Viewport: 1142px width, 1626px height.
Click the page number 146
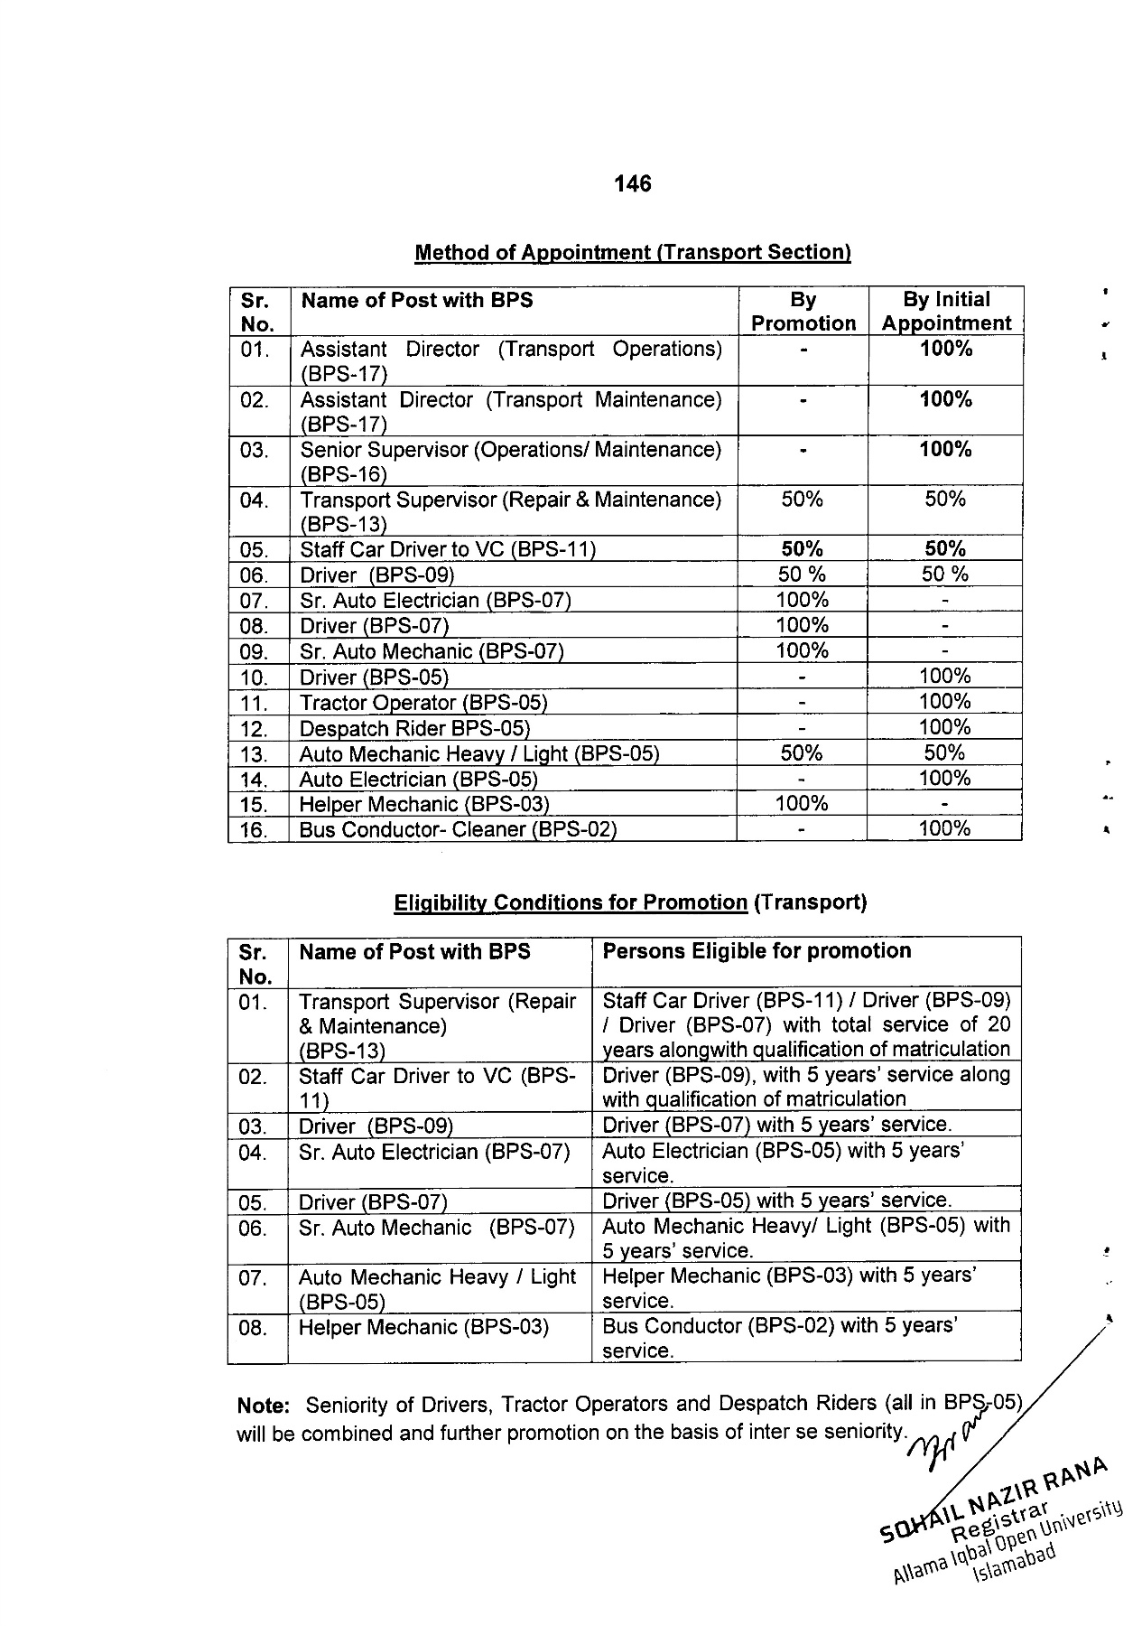click(x=632, y=184)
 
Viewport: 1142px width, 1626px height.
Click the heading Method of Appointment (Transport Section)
click(x=632, y=253)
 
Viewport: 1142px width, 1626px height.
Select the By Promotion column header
click(x=803, y=312)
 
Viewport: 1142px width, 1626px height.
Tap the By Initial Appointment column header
click(x=945, y=312)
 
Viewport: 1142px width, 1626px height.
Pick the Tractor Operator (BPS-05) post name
click(x=422, y=703)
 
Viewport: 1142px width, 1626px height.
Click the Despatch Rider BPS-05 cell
click(x=414, y=729)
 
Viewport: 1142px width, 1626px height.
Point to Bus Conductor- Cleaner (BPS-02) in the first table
click(x=457, y=829)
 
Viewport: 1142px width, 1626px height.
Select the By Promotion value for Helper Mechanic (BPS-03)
click(x=802, y=804)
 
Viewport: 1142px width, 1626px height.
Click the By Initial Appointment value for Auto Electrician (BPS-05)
click(x=944, y=779)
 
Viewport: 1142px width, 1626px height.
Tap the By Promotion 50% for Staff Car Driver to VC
click(x=802, y=549)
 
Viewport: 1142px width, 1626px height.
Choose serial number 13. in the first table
click(x=255, y=754)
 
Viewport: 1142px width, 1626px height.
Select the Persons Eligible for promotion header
click(x=757, y=951)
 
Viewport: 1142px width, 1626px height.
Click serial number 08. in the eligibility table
click(x=254, y=1328)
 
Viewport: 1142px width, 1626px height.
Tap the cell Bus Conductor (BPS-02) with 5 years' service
click(x=779, y=1338)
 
